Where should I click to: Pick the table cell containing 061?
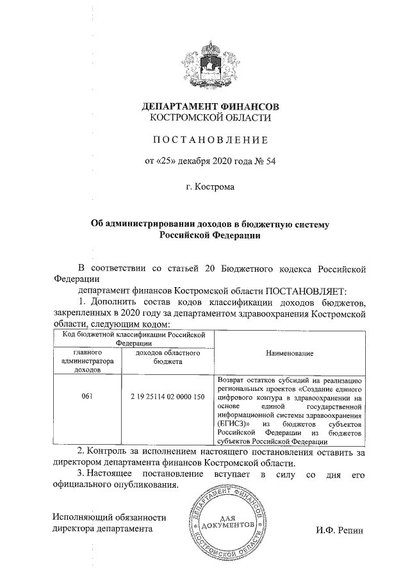(87, 397)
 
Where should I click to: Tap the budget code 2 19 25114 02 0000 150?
(168, 397)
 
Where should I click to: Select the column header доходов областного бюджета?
(168, 357)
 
